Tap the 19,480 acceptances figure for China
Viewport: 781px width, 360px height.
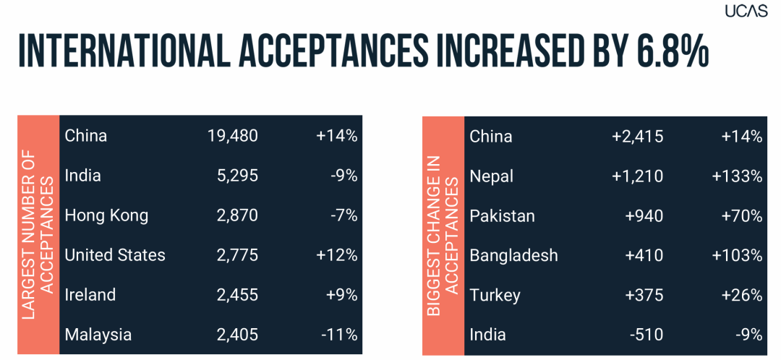tap(233, 136)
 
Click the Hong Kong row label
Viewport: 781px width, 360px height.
tap(106, 215)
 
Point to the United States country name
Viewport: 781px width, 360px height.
tap(115, 255)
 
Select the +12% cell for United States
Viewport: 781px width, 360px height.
tap(337, 255)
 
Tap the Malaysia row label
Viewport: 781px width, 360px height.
tap(98, 335)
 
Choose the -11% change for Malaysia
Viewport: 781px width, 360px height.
tap(340, 335)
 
